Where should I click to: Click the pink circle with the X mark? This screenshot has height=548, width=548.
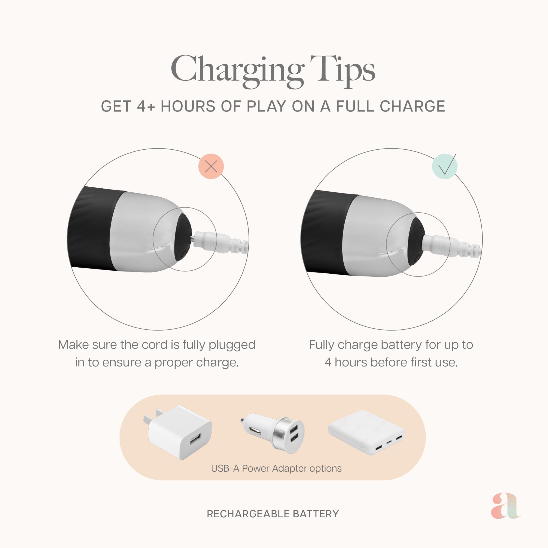point(211,166)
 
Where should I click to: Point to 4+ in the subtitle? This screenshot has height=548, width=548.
point(146,106)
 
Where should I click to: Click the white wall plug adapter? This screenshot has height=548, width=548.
point(178,432)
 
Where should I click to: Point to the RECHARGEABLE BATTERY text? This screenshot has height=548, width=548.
point(273,514)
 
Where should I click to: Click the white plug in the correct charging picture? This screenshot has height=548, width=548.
point(437,243)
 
